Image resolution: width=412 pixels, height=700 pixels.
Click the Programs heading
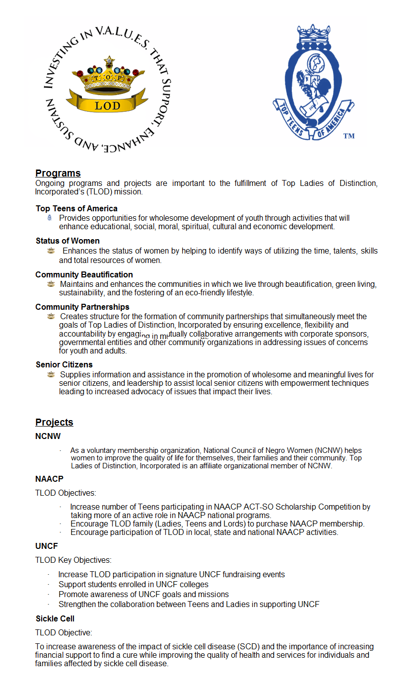(58, 173)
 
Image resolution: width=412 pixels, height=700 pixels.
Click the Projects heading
(54, 422)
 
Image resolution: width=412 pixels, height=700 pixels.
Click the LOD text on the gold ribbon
(108, 106)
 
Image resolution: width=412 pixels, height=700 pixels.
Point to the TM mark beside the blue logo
(348, 136)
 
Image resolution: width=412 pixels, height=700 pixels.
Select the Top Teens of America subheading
(76, 208)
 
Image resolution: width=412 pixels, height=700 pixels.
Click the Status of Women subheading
(68, 241)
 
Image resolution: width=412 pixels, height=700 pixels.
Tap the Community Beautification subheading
(84, 274)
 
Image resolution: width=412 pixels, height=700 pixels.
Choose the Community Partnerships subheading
(82, 307)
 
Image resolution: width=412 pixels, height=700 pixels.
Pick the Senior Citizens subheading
(64, 365)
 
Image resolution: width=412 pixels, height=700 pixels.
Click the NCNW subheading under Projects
(48, 436)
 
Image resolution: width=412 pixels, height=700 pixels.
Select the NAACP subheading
(49, 479)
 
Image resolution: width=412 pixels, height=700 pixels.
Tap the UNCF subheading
(47, 546)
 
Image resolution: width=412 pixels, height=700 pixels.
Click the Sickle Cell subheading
(55, 619)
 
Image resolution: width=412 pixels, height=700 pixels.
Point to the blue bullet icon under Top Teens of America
(50, 218)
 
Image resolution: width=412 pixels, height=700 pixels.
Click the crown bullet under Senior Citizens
(51, 374)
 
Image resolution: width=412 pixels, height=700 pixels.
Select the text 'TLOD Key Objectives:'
(73, 560)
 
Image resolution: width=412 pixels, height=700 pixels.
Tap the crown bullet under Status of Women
(51, 251)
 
